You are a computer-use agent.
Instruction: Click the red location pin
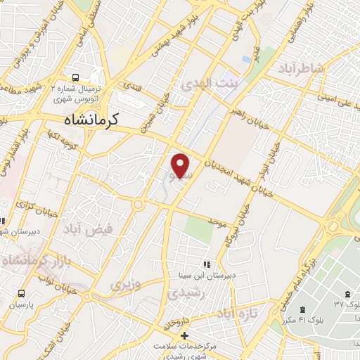coord(181,164)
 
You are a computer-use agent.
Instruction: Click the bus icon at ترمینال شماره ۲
coord(74,77)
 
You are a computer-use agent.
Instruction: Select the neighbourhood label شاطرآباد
coord(302,67)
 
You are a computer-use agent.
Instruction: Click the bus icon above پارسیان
coord(21,292)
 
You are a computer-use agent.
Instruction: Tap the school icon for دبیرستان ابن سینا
coord(206,264)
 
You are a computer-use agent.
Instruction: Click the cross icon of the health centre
coord(184,334)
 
